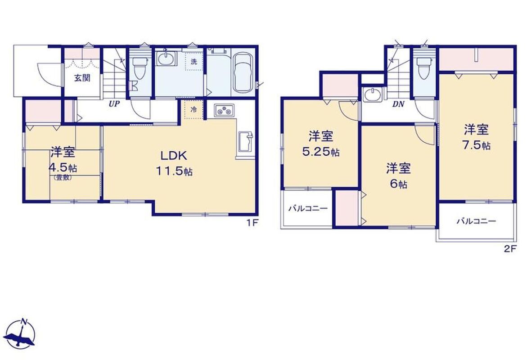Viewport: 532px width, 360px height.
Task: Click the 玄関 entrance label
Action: point(82,78)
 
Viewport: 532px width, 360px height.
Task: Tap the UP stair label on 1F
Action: point(114,104)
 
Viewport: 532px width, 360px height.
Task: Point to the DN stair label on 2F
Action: point(399,104)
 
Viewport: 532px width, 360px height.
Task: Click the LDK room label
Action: point(174,156)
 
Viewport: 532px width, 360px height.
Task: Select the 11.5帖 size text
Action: point(174,172)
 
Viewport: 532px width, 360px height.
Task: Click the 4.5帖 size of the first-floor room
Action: point(63,167)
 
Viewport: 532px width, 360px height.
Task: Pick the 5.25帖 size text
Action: point(320,152)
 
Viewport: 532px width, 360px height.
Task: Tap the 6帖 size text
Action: point(399,184)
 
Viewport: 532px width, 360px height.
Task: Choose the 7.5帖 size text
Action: point(476,145)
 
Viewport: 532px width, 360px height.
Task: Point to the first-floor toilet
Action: point(139,67)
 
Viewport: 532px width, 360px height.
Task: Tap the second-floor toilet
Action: point(424,68)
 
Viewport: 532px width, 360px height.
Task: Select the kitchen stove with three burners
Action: point(224,110)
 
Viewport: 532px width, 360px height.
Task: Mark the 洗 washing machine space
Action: point(194,62)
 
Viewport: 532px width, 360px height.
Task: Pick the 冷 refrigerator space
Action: point(194,109)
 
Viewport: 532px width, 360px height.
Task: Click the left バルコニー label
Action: point(308,208)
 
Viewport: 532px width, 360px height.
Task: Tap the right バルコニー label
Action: point(476,221)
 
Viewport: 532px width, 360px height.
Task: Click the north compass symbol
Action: point(21,333)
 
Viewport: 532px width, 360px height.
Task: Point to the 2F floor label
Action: point(510,249)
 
